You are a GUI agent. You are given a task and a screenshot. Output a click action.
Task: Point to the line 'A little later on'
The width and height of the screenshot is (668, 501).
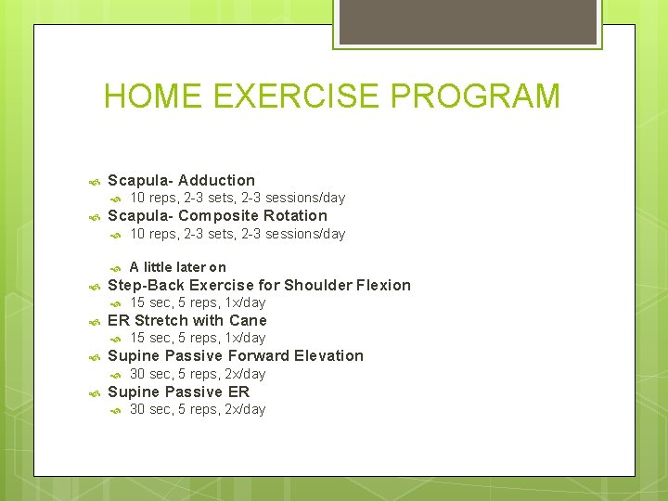click(x=177, y=267)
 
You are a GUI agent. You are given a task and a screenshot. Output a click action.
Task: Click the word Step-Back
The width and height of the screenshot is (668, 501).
click(x=147, y=286)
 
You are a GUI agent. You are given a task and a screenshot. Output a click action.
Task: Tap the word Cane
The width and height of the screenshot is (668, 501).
click(x=248, y=321)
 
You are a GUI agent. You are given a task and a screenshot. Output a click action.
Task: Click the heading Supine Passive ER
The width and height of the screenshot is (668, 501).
click(x=179, y=392)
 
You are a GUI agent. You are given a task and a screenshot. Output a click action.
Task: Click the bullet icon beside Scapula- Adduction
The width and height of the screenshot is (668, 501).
click(x=93, y=181)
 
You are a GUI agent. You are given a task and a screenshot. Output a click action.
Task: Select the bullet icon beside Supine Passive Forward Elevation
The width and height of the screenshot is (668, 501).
click(x=93, y=357)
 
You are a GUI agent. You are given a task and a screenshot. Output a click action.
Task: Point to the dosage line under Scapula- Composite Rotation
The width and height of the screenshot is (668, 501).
click(x=237, y=234)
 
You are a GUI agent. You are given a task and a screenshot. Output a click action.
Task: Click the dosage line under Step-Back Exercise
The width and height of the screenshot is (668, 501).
click(x=198, y=303)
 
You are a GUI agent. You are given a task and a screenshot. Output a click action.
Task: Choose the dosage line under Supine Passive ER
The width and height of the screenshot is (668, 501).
click(x=198, y=409)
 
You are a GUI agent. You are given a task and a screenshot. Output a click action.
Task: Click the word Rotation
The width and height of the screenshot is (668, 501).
click(x=295, y=216)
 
